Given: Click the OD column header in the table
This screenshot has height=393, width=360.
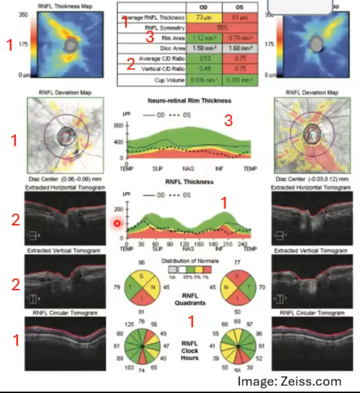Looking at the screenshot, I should (x=204, y=8).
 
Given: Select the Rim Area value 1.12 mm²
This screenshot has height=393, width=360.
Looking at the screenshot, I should (x=204, y=38).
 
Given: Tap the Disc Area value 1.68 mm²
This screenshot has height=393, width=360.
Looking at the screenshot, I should (x=240, y=48).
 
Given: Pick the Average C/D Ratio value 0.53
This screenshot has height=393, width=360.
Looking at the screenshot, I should (x=204, y=58).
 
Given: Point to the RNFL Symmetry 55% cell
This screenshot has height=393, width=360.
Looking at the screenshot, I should (x=222, y=28).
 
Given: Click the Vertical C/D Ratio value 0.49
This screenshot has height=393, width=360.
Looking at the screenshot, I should (x=204, y=69).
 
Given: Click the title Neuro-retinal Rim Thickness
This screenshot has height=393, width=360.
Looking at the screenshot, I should (x=189, y=100).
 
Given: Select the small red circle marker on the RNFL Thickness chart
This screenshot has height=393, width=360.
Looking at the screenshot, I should (x=117, y=223).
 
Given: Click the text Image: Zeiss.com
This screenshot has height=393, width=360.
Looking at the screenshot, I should (x=289, y=381).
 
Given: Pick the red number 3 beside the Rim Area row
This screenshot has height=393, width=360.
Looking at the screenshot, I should (x=150, y=37).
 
